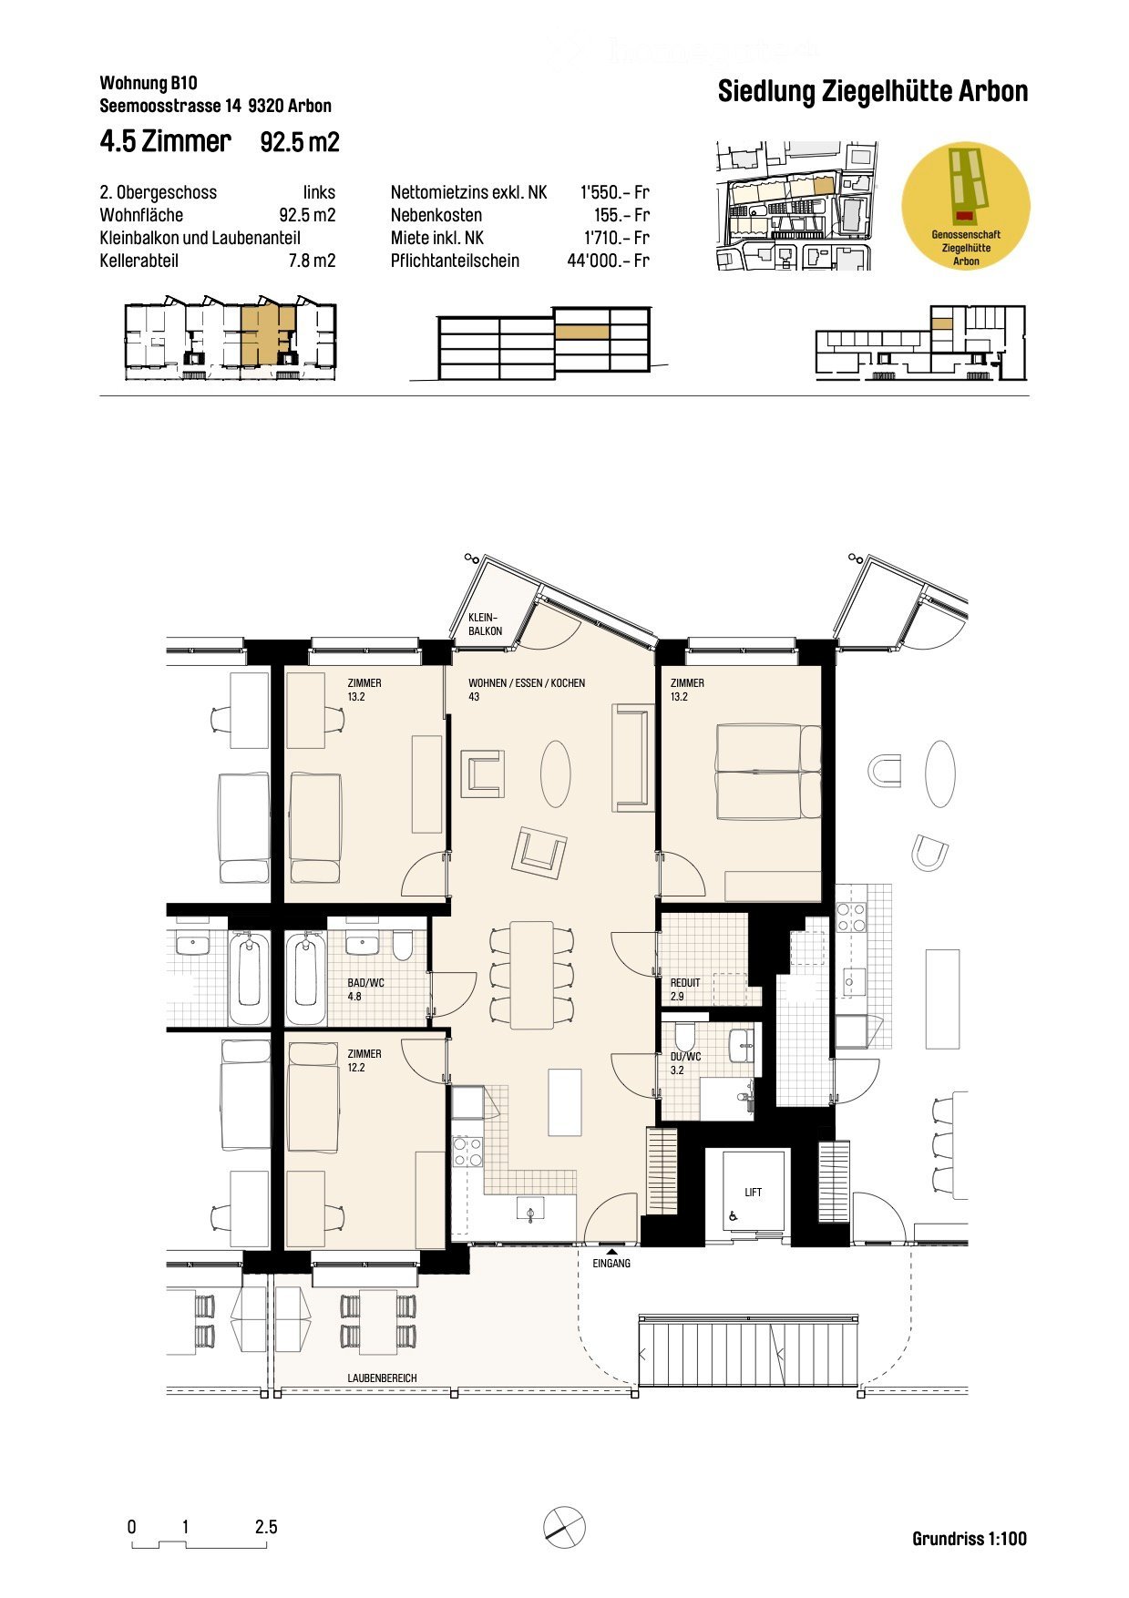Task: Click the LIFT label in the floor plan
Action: pyautogui.click(x=753, y=1192)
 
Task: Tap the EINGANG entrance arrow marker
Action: pyautogui.click(x=611, y=1253)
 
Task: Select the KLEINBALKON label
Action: pyautogui.click(x=485, y=624)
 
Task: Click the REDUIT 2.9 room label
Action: pyautogui.click(x=685, y=989)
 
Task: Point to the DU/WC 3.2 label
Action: pyautogui.click(x=685, y=1063)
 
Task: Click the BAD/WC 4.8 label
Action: pyautogui.click(x=365, y=989)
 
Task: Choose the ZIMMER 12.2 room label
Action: pyautogui.click(x=364, y=1060)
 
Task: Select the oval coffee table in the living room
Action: pyautogui.click(x=555, y=773)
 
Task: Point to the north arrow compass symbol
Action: pyautogui.click(x=564, y=1526)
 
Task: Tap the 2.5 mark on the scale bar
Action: pyautogui.click(x=266, y=1527)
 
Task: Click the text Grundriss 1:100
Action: pyautogui.click(x=969, y=1539)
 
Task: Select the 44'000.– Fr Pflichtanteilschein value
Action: pyautogui.click(x=608, y=261)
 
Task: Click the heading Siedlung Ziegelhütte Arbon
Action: pyautogui.click(x=872, y=91)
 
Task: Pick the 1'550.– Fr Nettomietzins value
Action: pyautogui.click(x=614, y=192)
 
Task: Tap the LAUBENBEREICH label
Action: pyautogui.click(x=382, y=1378)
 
